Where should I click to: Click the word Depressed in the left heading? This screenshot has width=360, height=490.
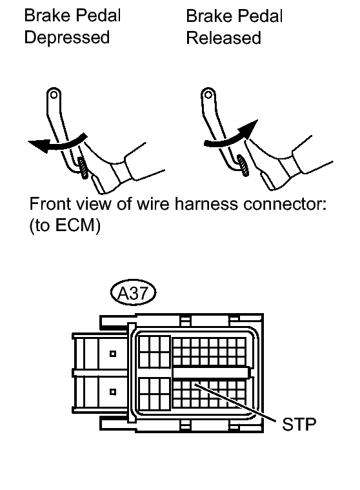click(x=67, y=38)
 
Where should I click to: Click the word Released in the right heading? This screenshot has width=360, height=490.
click(x=223, y=38)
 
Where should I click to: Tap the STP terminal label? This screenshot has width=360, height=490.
click(x=299, y=424)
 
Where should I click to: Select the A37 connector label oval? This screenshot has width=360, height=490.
click(x=134, y=293)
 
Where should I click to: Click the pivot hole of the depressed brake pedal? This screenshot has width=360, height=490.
click(x=54, y=94)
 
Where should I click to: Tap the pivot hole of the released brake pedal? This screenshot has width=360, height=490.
click(x=208, y=94)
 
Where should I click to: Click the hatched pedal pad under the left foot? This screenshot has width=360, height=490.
click(x=83, y=168)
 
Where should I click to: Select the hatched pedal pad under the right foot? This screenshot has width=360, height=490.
click(x=243, y=166)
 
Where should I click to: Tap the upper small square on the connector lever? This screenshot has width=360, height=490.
click(x=113, y=354)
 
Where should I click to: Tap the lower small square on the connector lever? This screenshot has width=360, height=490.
click(x=113, y=392)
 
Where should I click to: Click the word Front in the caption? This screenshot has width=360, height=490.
click(x=48, y=204)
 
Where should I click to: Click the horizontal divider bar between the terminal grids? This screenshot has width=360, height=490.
click(x=211, y=373)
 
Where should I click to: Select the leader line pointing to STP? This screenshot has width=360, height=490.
click(x=235, y=402)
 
